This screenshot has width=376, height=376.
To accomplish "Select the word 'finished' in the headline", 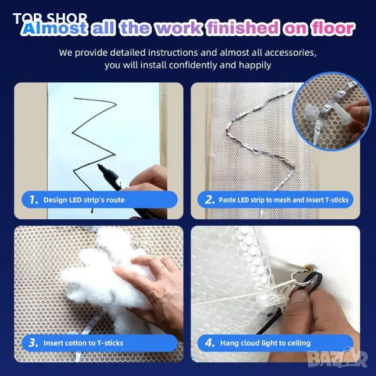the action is point(243,28).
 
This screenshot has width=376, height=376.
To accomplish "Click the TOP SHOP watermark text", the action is point(50,18).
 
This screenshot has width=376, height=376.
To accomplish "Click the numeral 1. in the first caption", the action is point(34,199).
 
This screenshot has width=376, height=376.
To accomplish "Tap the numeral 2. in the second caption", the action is point(210,199).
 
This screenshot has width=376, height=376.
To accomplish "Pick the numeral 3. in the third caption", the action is point(33,343).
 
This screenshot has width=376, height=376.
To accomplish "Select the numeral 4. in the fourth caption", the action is point(210,343).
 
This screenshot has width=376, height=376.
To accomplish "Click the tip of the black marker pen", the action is point(98,165).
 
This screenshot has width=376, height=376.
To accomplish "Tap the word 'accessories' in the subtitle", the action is point(291,53).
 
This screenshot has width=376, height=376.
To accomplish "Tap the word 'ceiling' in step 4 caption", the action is point(299,343).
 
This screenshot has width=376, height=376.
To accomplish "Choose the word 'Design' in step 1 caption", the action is point(55,200).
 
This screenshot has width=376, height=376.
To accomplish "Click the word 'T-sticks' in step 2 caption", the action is point(337,200).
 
